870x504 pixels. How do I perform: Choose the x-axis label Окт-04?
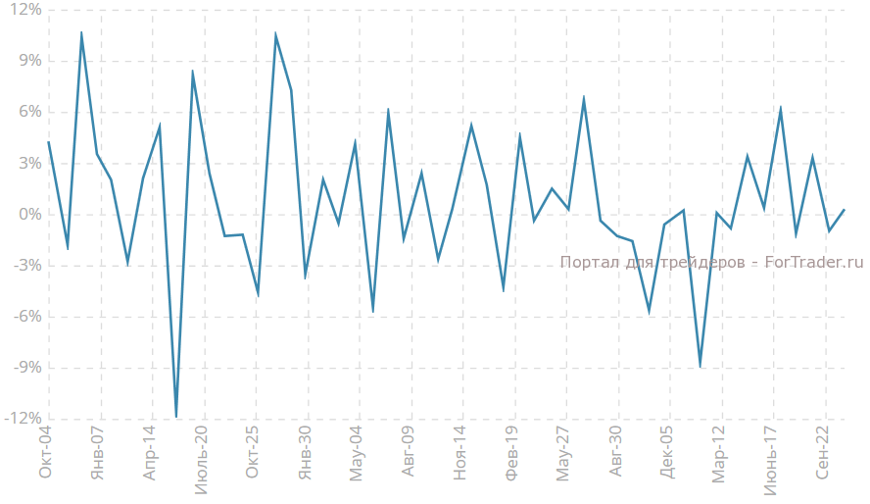pyautogui.click(x=46, y=454)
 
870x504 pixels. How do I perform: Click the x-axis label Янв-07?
pyautogui.click(x=98, y=454)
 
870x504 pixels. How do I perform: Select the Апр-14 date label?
pyautogui.click(x=150, y=454)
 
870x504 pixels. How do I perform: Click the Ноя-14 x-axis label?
pyautogui.click(x=460, y=454)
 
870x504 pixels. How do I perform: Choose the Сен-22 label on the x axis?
pyautogui.click(x=823, y=454)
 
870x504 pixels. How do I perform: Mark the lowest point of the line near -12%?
pyautogui.click(x=176, y=417)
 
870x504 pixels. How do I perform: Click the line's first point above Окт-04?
pyautogui.click(x=48, y=141)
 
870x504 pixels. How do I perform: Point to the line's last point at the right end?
pyautogui.click(x=845, y=209)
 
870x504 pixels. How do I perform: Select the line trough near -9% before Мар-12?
pyautogui.click(x=700, y=368)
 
